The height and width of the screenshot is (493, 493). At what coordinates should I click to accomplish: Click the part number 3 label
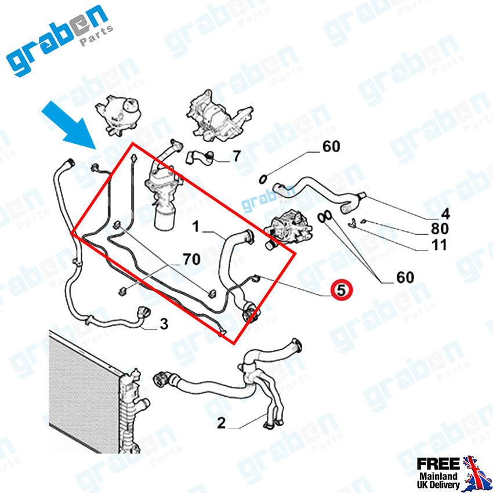pyautogui.click(x=164, y=324)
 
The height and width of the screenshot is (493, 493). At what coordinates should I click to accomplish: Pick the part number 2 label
pyautogui.click(x=221, y=423)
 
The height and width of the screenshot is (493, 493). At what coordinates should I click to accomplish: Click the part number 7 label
pyautogui.click(x=236, y=155)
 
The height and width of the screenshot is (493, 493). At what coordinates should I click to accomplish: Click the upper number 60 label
pyautogui.click(x=331, y=147)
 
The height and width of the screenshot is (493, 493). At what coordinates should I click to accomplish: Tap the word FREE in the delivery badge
pyautogui.click(x=438, y=463)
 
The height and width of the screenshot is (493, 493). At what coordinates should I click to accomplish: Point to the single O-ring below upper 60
pyautogui.click(x=263, y=177)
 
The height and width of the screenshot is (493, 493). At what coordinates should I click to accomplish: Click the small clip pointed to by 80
pyautogui.click(x=353, y=222)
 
